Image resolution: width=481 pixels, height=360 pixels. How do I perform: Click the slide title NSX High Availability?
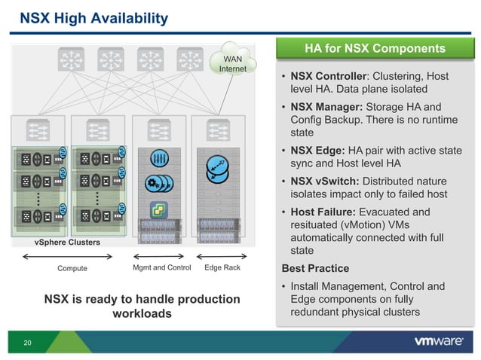(x=93, y=17)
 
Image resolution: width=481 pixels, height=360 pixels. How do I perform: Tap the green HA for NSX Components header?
(x=375, y=49)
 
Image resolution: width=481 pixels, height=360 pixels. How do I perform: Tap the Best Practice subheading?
(x=315, y=268)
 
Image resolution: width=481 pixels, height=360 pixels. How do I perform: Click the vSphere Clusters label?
(x=67, y=243)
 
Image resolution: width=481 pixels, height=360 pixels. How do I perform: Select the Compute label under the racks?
(x=72, y=268)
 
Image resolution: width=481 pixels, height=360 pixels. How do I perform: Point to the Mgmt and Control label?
(x=161, y=267)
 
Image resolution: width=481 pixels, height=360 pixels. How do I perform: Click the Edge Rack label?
(x=222, y=267)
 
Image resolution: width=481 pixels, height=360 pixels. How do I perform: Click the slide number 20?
(x=27, y=343)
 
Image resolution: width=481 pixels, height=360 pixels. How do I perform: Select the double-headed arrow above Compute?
(x=73, y=257)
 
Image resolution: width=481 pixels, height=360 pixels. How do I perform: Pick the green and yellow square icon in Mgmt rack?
(x=159, y=209)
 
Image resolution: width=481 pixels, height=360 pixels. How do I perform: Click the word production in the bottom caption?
(x=201, y=299)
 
